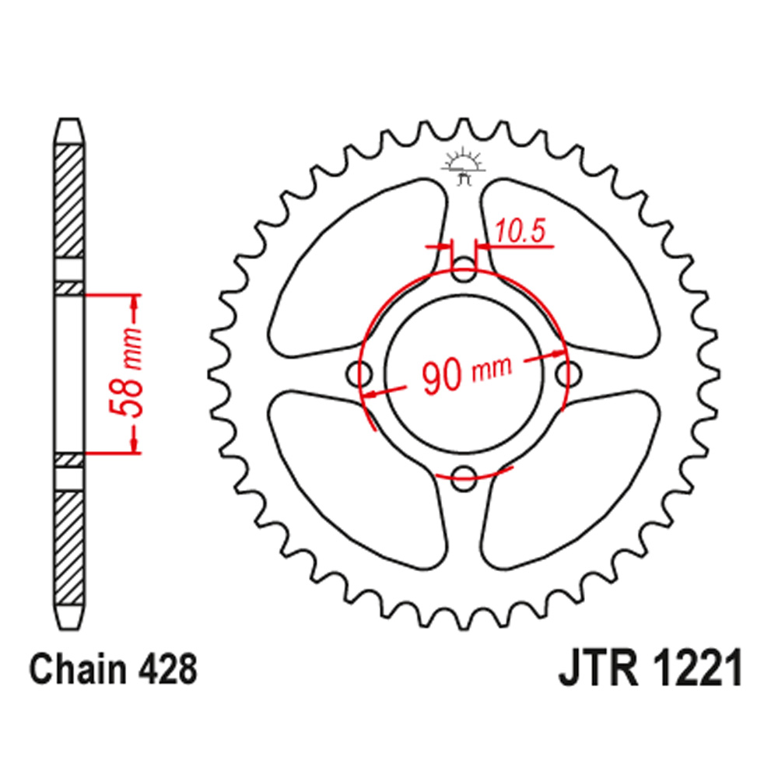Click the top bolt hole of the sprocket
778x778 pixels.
(x=464, y=272)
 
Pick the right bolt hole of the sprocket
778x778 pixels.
(x=568, y=374)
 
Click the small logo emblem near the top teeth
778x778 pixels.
(x=464, y=166)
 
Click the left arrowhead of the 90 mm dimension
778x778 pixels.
(x=371, y=394)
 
